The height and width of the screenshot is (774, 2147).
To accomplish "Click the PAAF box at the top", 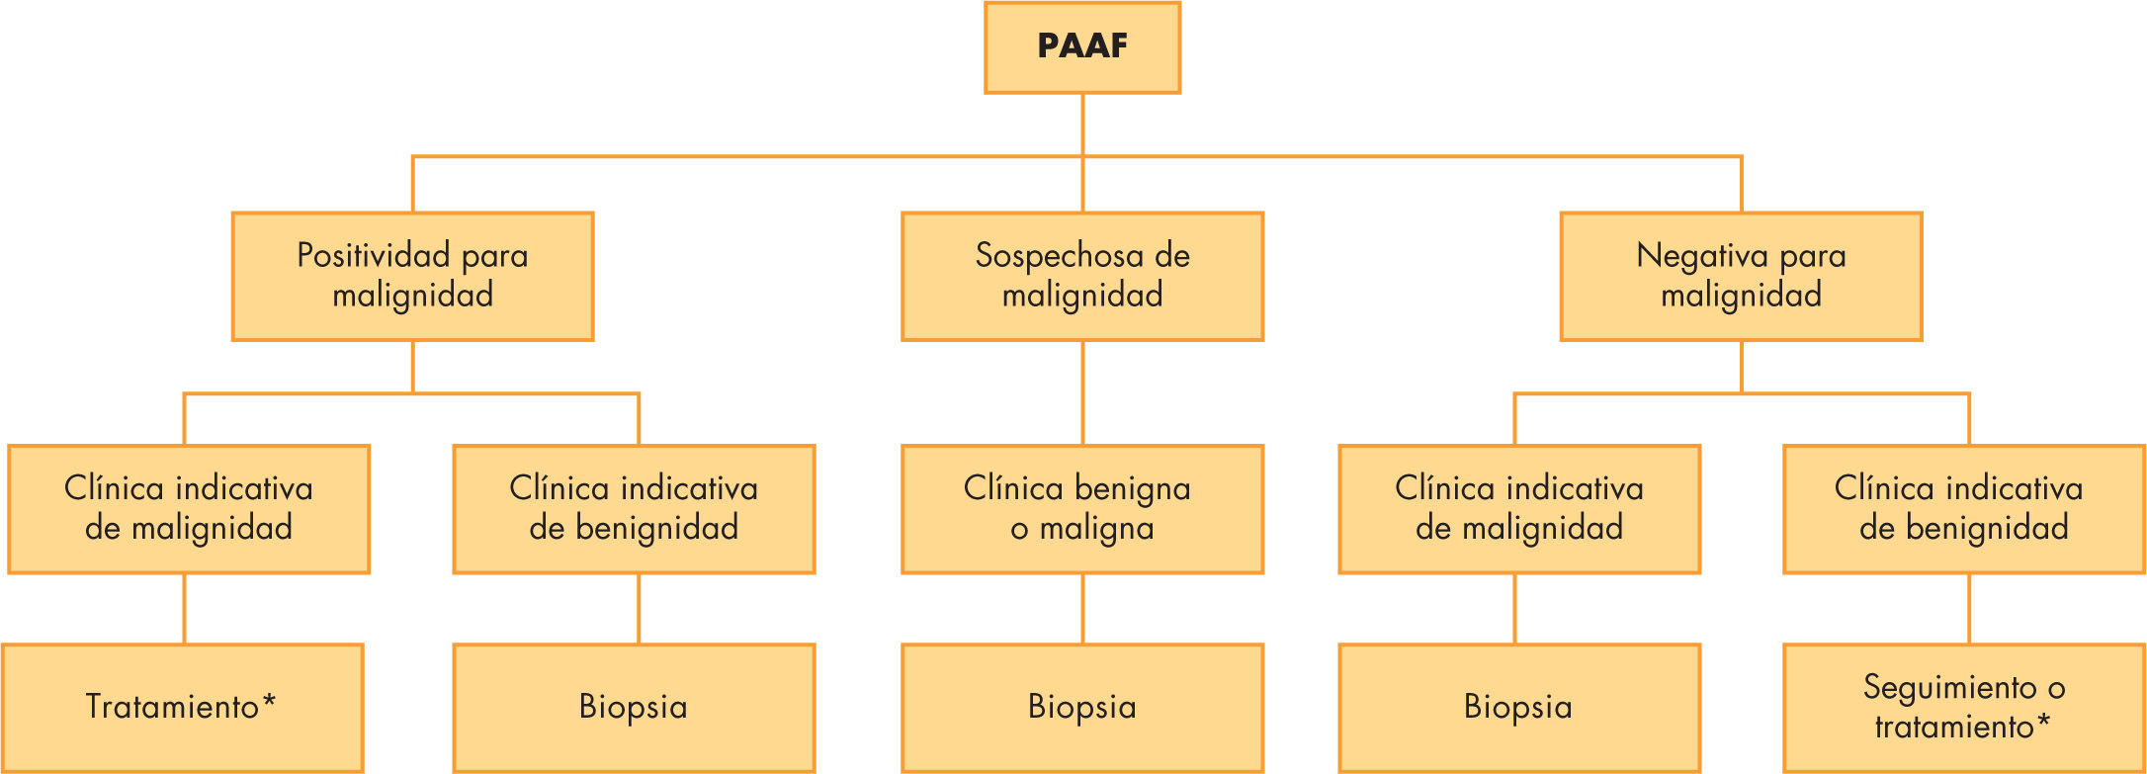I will tap(1082, 47).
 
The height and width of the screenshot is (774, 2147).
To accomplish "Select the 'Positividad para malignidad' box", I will tap(412, 276).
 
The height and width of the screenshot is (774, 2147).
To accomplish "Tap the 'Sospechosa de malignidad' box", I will tap(1082, 276).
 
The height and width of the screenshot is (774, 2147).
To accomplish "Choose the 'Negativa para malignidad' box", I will tap(1741, 276).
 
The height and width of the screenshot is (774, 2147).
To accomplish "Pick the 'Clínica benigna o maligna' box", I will tap(1082, 508).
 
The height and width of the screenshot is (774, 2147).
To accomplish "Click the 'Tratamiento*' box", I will tap(182, 707).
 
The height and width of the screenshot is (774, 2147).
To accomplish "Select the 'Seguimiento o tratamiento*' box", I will tap(1963, 707).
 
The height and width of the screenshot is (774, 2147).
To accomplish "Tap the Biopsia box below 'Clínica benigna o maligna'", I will tap(1082, 707).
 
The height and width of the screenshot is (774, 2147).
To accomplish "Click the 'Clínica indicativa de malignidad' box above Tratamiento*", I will tap(188, 508).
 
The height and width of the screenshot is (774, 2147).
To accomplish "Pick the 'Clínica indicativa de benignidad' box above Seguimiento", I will tap(1963, 508).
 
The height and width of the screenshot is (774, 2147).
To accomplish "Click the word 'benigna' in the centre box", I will tap(1133, 489).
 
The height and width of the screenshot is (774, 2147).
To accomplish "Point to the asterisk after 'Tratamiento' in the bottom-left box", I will tap(269, 703).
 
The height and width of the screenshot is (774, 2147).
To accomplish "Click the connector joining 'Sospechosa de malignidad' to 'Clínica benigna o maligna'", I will tap(1082, 392).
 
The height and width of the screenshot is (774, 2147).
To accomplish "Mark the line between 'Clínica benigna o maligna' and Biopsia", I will tap(1082, 608).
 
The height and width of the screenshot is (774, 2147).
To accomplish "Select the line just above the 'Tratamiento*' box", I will tap(184, 608).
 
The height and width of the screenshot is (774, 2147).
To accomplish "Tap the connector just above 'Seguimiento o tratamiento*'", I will tap(1969, 608).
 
